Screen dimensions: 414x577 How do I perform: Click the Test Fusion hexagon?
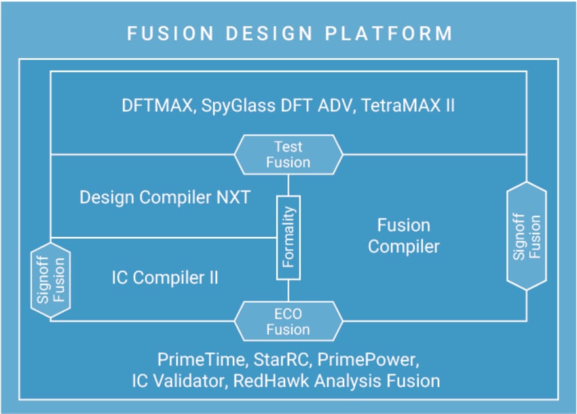tap(288, 154)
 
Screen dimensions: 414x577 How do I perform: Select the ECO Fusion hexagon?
tap(288, 322)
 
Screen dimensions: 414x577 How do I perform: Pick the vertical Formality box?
tap(288, 238)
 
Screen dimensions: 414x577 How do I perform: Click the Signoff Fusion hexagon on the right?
tap(527, 237)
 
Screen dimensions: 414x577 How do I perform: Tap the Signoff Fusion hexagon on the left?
tap(51, 279)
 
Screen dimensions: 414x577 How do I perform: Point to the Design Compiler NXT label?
tap(165, 197)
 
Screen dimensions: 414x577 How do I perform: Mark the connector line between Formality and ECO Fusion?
tap(288, 290)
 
